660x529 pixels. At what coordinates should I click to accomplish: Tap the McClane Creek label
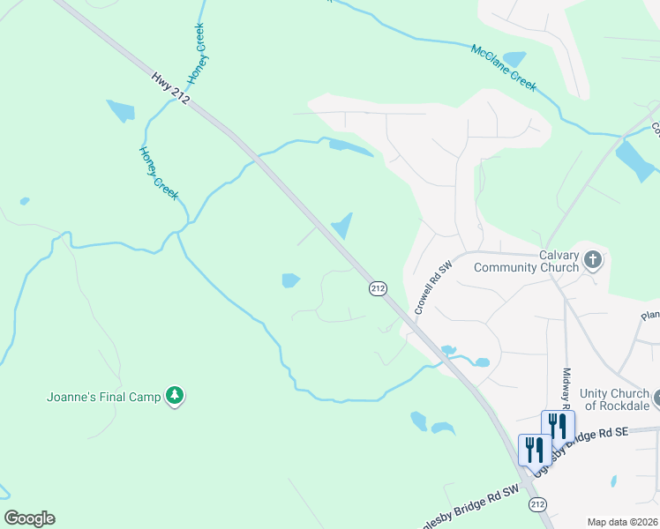click(x=504, y=68)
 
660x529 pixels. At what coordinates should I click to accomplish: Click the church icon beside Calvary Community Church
click(x=592, y=260)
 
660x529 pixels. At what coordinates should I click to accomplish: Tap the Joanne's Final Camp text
click(x=103, y=397)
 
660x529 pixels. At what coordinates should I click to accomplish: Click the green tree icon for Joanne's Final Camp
click(x=176, y=397)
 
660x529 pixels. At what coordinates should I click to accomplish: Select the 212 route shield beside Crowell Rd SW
click(x=378, y=289)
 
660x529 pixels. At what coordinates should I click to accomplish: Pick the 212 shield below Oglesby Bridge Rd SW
click(x=537, y=503)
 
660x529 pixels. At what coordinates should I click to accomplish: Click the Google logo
click(x=29, y=518)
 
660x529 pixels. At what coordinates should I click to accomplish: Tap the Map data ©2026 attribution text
click(x=622, y=522)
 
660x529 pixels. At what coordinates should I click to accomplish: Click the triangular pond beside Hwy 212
click(x=342, y=227)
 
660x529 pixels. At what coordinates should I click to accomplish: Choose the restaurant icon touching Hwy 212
click(x=535, y=450)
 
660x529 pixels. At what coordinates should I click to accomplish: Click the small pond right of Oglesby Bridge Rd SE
click(x=613, y=481)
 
